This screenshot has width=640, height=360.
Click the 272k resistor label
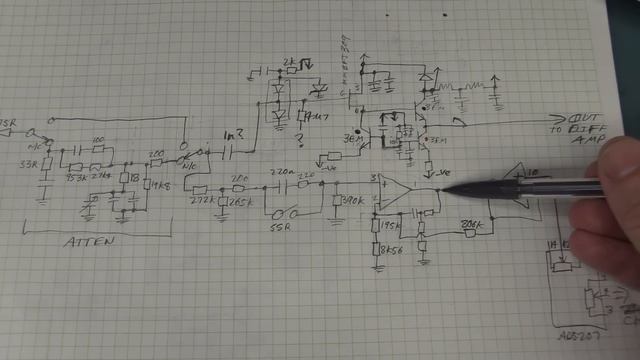(200, 201)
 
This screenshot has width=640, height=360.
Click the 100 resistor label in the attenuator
(96, 140)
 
